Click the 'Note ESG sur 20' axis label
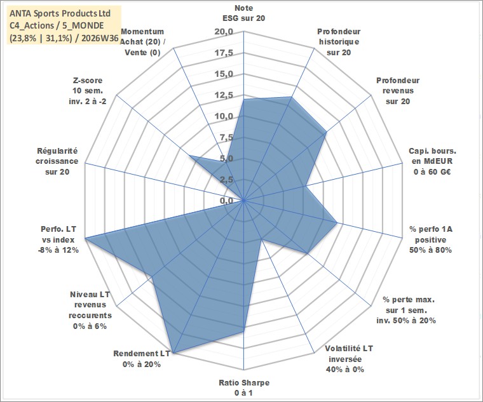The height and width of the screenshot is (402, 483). point(243,13)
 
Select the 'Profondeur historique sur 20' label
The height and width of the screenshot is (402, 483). point(339,42)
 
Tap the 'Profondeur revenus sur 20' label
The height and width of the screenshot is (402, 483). point(398,91)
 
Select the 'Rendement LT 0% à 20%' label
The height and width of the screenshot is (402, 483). point(142,359)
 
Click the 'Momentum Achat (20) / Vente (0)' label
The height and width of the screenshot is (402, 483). point(142,42)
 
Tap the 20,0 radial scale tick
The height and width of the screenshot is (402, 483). point(224,32)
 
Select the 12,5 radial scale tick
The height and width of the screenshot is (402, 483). point(224,95)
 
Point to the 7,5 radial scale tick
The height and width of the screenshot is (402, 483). point(226,138)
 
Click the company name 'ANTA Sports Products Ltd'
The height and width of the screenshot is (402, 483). point(60,13)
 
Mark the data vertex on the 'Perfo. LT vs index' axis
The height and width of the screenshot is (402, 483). point(85,238)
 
